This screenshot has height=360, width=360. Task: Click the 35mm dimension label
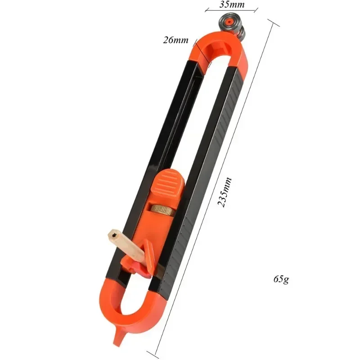pyautogui.click(x=232, y=5)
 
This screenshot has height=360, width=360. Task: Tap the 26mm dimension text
pyautogui.click(x=175, y=40)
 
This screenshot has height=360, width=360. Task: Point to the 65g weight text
pyautogui.click(x=281, y=279)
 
